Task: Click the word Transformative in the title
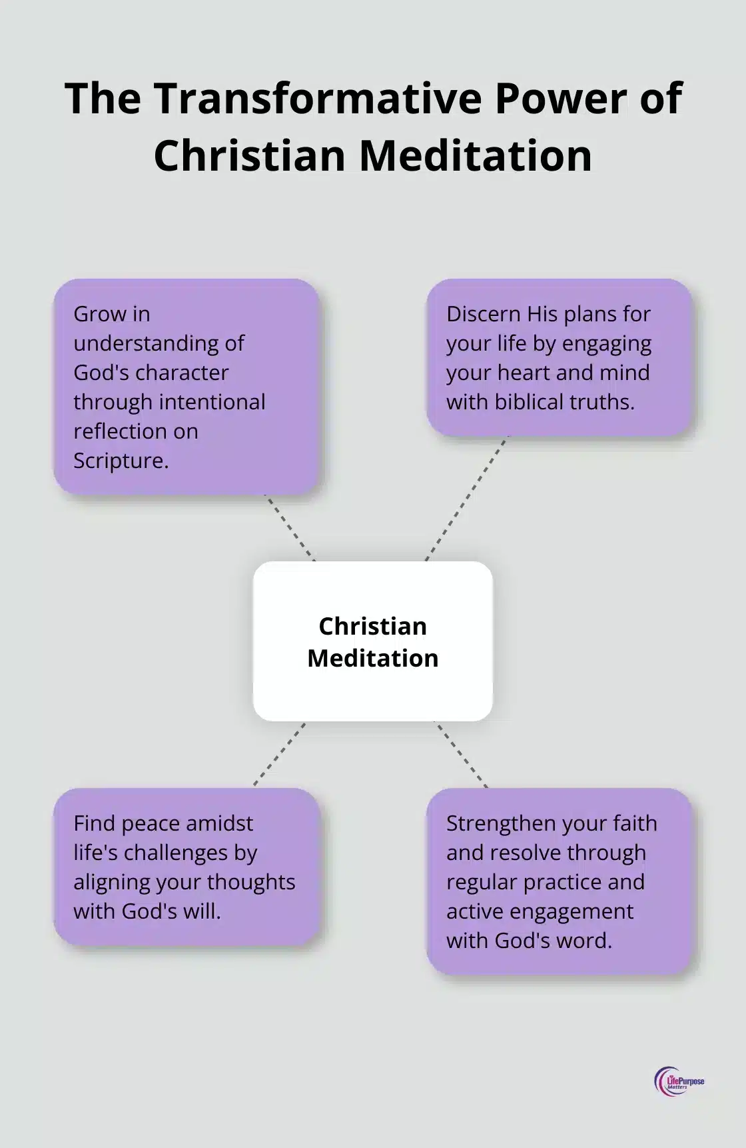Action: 318,99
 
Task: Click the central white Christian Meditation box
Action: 373,641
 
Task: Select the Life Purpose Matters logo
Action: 679,1081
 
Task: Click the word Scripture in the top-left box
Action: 121,461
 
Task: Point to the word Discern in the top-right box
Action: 483,314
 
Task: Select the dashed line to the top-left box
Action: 290,528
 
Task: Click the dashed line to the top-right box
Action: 466,499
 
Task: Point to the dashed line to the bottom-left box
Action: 280,754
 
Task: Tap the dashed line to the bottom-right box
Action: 462,754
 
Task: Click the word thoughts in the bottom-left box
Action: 256,882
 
